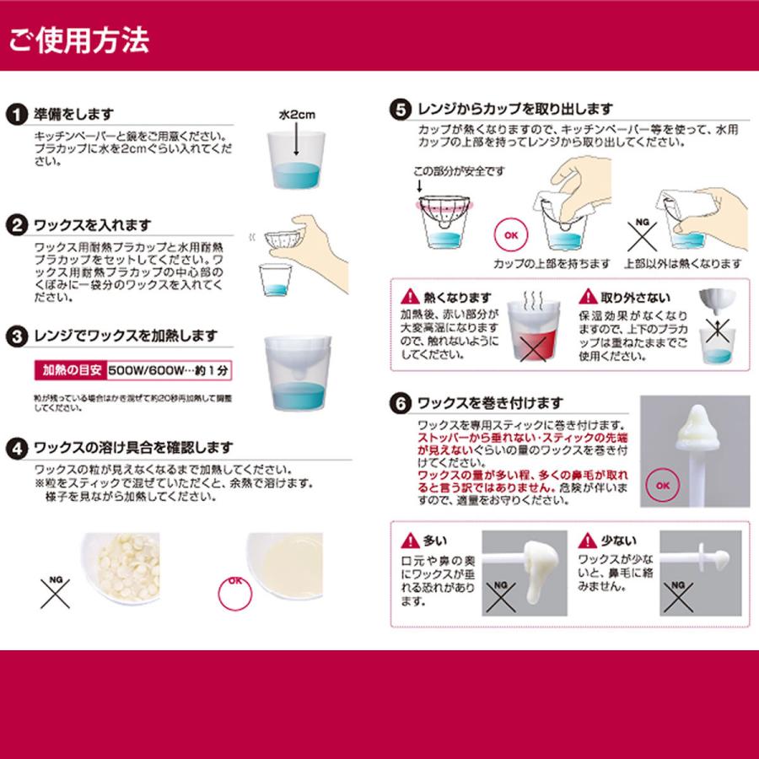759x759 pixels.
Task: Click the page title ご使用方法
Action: tap(79, 39)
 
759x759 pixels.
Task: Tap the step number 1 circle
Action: tap(15, 115)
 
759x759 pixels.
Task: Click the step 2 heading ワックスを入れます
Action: tap(92, 225)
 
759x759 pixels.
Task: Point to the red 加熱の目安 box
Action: tap(71, 369)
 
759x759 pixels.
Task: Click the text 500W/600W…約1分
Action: tap(172, 369)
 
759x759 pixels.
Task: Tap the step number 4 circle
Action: tap(15, 446)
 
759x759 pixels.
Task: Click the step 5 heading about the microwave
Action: tap(515, 110)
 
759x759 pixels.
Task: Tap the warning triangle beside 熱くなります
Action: tap(409, 297)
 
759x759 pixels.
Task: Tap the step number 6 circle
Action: tap(400, 402)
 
